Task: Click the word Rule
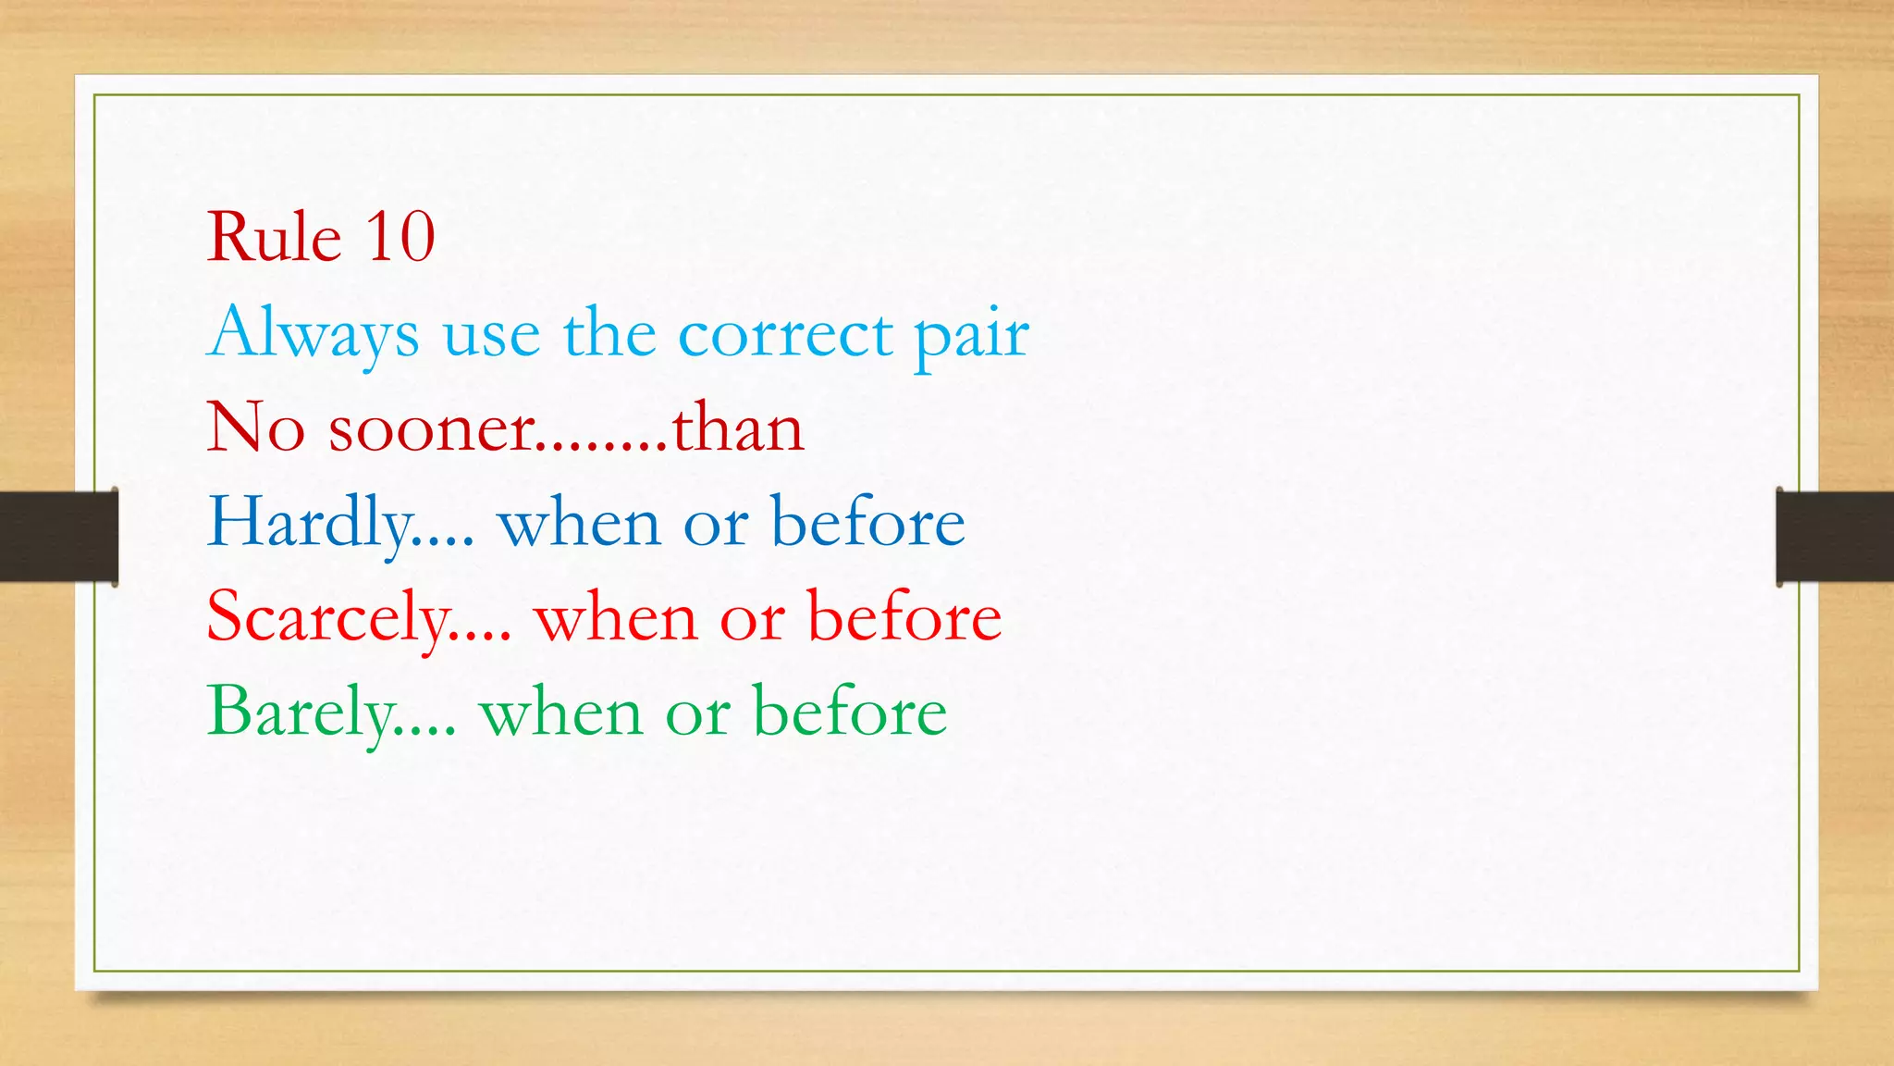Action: [274, 237]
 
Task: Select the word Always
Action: [314, 333]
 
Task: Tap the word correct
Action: [785, 333]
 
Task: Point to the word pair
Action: [971, 335]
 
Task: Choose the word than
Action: [737, 428]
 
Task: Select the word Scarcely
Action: [328, 618]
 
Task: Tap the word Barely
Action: [301, 713]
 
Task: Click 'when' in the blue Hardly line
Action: [579, 524]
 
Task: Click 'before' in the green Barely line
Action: [850, 712]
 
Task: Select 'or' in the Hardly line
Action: [715, 526]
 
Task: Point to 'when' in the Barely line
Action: [560, 713]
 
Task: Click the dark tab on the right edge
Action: [1835, 537]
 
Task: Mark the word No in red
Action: [255, 428]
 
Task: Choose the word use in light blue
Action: [491, 335]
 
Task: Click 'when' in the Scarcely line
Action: [615, 618]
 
